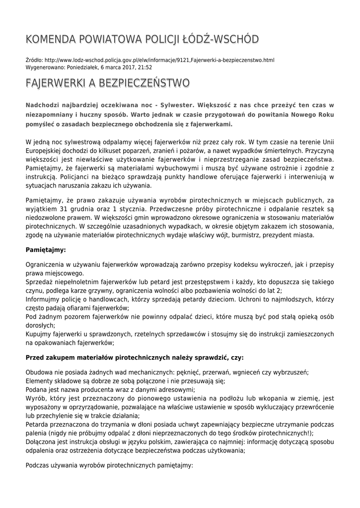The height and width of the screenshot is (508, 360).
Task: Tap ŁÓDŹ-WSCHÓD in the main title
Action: tap(218, 40)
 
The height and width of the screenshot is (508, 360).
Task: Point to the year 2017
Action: tap(124, 67)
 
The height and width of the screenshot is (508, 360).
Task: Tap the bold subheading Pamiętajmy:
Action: tap(45, 250)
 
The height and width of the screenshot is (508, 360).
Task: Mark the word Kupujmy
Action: tap(40, 334)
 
